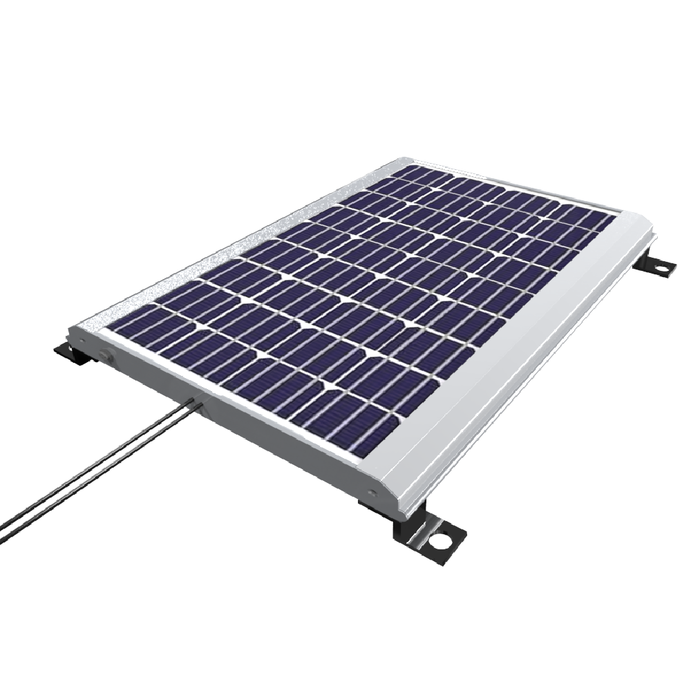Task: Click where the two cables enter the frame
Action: coord(195,401)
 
